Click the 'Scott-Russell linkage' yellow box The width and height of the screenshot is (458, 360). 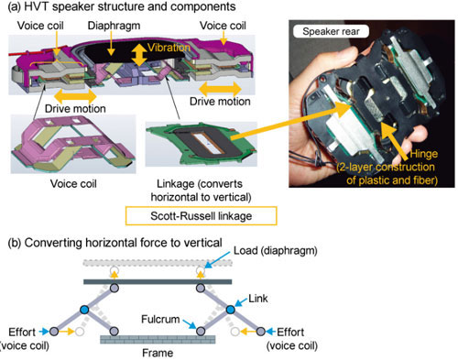click(x=201, y=216)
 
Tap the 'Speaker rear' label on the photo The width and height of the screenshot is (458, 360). click(x=331, y=31)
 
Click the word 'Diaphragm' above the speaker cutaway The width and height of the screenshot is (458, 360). click(x=114, y=26)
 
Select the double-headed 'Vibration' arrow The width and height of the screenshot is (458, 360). click(x=139, y=55)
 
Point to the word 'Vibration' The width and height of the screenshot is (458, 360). click(x=169, y=48)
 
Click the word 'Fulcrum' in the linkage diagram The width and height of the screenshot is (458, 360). click(x=160, y=320)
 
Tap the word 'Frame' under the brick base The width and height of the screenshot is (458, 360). click(x=158, y=353)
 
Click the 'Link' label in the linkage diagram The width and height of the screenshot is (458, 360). click(x=258, y=299)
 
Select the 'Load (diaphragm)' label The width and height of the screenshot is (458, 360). click(x=276, y=251)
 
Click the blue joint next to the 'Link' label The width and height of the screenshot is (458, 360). click(x=231, y=310)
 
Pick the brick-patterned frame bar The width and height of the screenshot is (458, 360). click(x=158, y=340)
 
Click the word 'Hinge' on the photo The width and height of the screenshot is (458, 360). click(x=423, y=154)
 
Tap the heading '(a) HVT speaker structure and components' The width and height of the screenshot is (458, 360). click(x=122, y=6)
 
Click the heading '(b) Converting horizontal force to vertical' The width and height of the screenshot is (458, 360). click(x=114, y=243)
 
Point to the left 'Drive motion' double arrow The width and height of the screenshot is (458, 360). click(x=75, y=96)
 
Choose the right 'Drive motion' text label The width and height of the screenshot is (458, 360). click(x=220, y=102)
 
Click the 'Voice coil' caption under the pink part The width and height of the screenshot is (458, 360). click(x=73, y=184)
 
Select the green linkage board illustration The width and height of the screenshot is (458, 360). click(x=202, y=144)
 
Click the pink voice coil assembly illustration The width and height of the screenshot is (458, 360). click(x=72, y=144)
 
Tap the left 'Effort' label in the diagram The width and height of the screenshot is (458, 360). click(x=22, y=332)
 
